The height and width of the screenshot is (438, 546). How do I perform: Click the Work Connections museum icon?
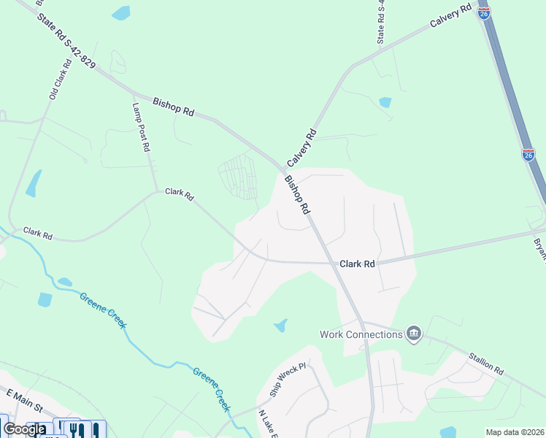pos(414,334)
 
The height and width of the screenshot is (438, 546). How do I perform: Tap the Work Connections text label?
pos(361,334)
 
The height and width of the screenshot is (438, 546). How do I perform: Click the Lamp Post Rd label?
pos(141,127)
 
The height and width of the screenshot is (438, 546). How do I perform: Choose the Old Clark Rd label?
pos(60,79)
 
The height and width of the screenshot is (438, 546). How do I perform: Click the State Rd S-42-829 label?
pos(66,43)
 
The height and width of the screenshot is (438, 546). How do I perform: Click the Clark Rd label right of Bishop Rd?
pos(357,264)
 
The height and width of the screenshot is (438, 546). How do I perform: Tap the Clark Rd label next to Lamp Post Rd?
pos(179,193)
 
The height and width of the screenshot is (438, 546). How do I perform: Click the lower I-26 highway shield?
pos(528,154)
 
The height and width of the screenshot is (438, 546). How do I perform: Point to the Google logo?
pos(24,429)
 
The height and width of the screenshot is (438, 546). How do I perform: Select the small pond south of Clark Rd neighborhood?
pos(280,326)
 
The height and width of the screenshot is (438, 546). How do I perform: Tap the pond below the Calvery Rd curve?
pos(385,102)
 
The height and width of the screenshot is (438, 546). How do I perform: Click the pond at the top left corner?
pos(121,12)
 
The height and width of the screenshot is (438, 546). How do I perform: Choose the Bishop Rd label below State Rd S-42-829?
pos(174,107)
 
